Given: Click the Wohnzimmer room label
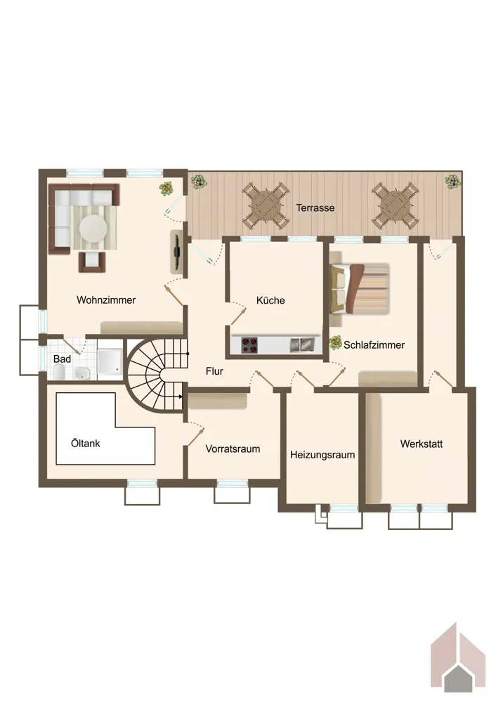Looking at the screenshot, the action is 106,300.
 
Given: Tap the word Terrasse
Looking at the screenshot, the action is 315,208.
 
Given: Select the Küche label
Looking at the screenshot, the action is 270,300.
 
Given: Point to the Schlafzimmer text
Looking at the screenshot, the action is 374,344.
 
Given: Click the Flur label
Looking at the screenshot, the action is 214,371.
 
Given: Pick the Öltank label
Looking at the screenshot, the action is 85,444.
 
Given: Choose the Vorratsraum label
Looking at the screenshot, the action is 233,449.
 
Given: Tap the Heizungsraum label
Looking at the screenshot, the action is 322,455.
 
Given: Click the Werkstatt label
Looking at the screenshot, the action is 421,444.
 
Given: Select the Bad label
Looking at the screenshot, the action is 62,359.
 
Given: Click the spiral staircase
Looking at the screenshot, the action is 156,375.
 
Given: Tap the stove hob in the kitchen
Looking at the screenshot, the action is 249,345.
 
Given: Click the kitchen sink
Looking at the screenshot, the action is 301,344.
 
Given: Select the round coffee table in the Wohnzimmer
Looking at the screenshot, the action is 93,228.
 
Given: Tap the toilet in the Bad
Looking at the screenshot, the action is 59,372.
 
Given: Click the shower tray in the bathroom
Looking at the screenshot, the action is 110,361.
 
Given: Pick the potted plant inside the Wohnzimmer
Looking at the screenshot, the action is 167,188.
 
